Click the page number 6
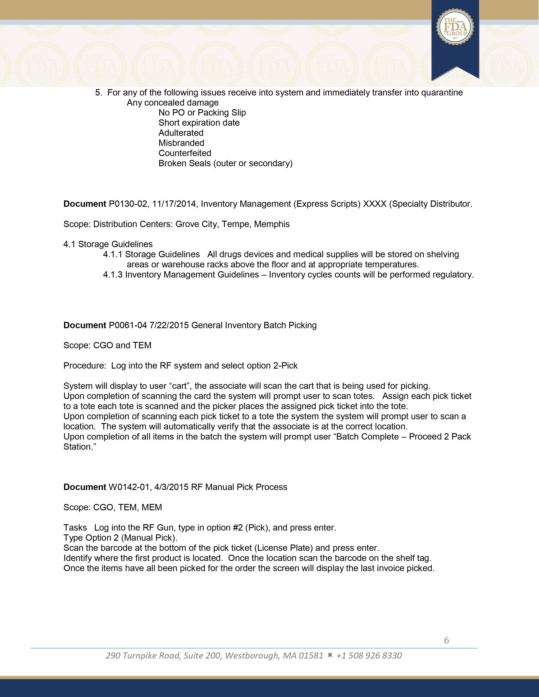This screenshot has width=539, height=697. [x=446, y=640]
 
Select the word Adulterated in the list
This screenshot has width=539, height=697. [x=181, y=133]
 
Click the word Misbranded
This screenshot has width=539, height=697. [x=181, y=143]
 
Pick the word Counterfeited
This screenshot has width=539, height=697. [x=185, y=153]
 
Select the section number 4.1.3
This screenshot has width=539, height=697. [x=113, y=275]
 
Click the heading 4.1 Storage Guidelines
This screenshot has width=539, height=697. [x=108, y=244]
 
